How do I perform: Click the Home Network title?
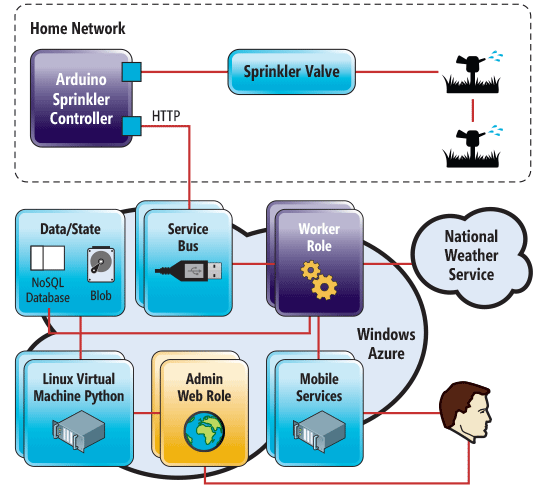tap(77, 28)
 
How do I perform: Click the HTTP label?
tap(166, 116)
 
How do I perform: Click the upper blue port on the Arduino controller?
tap(130, 72)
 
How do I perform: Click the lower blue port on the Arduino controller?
tap(130, 126)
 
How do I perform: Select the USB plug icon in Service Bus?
tap(189, 270)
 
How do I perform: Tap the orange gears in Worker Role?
tap(319, 279)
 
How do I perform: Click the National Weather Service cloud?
tap(470, 255)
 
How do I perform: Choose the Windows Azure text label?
tap(385, 341)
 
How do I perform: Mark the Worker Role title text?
tap(319, 237)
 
